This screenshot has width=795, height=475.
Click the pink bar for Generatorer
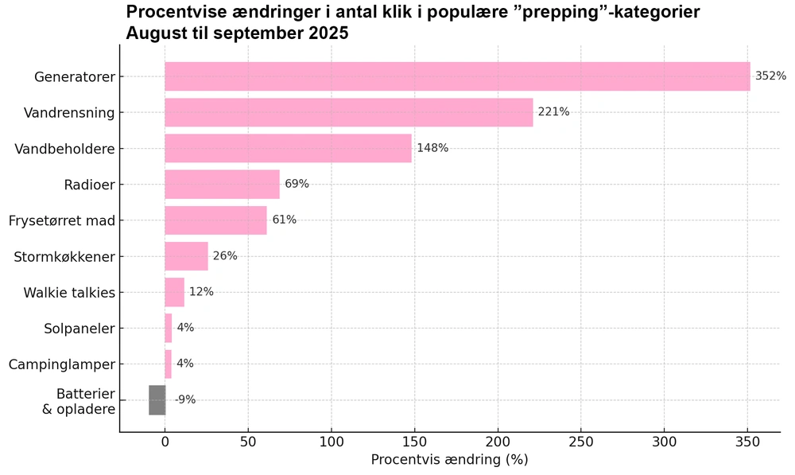pyautogui.click(x=457, y=76)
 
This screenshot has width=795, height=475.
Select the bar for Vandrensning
pyautogui.click(x=348, y=112)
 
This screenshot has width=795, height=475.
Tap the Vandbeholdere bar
pyautogui.click(x=288, y=148)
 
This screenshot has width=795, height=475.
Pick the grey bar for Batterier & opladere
pyautogui.click(x=157, y=399)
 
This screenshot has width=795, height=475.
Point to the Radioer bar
pyautogui.click(x=222, y=184)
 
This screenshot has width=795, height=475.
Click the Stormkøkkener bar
pyautogui.click(x=186, y=256)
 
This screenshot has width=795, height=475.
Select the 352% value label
pyautogui.click(x=770, y=76)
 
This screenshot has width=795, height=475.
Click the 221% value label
pyautogui.click(x=553, y=112)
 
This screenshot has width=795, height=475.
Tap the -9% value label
pyautogui.click(x=185, y=399)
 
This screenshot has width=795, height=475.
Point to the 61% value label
pyautogui.click(x=284, y=220)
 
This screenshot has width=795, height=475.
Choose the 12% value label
pyautogui.click(x=201, y=292)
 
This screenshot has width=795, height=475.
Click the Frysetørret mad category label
pyautogui.click(x=61, y=220)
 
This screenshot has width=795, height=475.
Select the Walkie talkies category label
pyautogui.click(x=69, y=293)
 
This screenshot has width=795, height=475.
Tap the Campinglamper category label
pyautogui.click(x=61, y=364)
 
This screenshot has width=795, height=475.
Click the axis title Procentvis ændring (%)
pyautogui.click(x=449, y=460)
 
